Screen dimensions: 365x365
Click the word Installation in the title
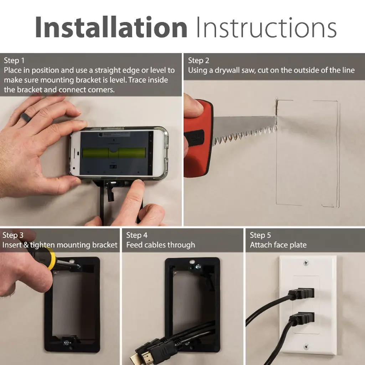[111, 27]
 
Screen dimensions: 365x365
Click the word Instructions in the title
[267, 27]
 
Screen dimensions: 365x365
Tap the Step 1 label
[14, 61]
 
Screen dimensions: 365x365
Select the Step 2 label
[199, 61]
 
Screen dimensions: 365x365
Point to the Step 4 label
[137, 235]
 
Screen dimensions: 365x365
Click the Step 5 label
[260, 235]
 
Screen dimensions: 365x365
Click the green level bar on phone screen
[114, 153]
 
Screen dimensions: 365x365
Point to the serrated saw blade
[245, 128]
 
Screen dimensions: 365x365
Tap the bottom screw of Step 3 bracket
[67, 343]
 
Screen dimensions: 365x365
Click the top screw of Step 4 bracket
[198, 266]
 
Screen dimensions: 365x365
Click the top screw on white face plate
[306, 263]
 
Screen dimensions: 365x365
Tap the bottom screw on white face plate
[306, 347]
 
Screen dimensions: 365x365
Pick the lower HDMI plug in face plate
[302, 318]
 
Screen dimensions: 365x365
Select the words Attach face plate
[278, 245]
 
